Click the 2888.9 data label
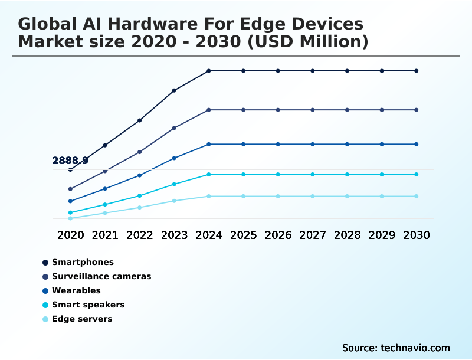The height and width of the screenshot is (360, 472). [70, 161]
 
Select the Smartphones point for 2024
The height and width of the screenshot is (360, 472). [209, 71]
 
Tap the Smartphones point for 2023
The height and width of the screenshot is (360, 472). [174, 90]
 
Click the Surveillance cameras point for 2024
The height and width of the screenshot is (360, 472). [209, 110]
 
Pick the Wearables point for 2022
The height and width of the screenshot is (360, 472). [140, 175]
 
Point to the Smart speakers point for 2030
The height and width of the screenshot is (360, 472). [417, 174]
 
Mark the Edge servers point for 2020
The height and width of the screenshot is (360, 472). [70, 218]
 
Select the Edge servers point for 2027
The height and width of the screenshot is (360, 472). [313, 196]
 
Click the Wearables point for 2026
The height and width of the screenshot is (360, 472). [278, 144]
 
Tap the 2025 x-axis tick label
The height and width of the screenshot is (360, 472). [243, 235]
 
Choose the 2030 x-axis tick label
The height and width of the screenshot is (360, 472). [417, 235]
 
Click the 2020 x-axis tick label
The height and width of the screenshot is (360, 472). [70, 235]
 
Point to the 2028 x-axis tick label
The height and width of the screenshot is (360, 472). [347, 235]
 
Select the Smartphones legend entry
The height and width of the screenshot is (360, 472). [83, 262]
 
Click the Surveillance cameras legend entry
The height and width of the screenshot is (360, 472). [101, 276]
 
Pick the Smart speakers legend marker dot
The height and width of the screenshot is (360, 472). [45, 305]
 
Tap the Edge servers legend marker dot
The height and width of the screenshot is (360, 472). [45, 319]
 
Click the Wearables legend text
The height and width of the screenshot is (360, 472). [76, 290]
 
